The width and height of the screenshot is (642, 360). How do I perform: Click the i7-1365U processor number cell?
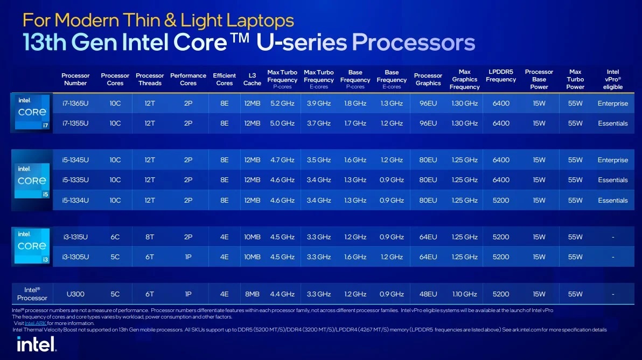[x=75, y=103]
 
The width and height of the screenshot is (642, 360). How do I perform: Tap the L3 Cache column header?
[x=252, y=79]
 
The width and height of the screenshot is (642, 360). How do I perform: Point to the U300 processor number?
[x=75, y=294]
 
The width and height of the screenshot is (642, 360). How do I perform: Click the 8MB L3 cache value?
[x=252, y=294]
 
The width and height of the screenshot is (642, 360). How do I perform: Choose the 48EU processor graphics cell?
[x=428, y=294]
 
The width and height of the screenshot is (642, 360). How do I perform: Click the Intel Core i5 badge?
[x=32, y=179]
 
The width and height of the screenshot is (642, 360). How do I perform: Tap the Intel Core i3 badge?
[x=32, y=246]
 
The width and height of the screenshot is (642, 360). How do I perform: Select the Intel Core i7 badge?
[x=32, y=112]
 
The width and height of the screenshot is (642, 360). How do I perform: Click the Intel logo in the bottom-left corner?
[x=36, y=343]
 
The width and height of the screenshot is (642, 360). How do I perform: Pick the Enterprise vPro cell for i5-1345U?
[x=612, y=160]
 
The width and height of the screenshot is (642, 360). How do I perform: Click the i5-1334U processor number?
[x=75, y=200]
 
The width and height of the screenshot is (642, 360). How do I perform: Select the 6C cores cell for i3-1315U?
[x=115, y=237]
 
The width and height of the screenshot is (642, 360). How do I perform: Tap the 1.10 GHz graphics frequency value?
[x=464, y=294]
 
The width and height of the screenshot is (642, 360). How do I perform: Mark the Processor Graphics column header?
[x=428, y=79]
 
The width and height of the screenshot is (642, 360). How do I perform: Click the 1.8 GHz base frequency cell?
[x=355, y=103]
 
